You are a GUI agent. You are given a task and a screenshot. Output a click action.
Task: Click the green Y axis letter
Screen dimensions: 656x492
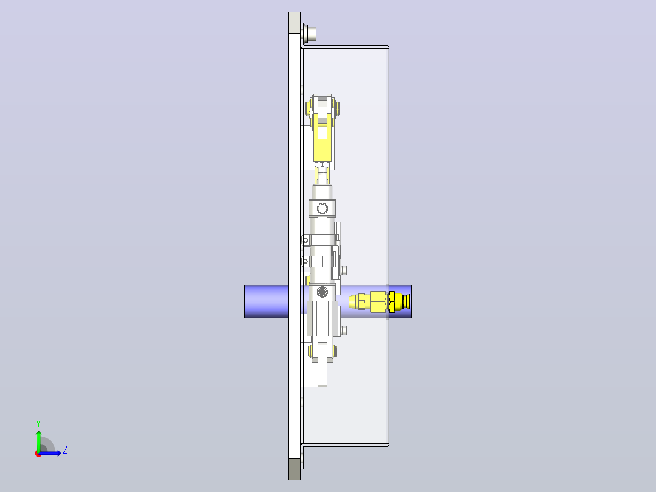coord(38,424)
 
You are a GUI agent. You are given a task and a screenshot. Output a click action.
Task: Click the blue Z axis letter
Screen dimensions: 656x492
coord(65,450)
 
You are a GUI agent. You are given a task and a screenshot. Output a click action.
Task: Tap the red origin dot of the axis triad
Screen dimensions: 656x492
coord(38,454)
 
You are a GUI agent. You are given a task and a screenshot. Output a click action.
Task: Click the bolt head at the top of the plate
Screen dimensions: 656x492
coord(310,34)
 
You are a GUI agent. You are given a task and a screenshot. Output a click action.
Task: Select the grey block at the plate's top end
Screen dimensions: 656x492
coord(295,23)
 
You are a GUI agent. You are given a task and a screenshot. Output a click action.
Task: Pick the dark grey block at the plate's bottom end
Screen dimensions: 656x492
coord(295,469)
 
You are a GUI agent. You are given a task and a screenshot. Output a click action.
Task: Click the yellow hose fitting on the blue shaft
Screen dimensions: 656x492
coord(379,301)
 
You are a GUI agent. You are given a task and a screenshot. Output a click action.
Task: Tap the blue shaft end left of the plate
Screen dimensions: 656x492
coord(267,301)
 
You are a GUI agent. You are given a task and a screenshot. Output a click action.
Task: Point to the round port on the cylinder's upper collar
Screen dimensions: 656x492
coord(322,208)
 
